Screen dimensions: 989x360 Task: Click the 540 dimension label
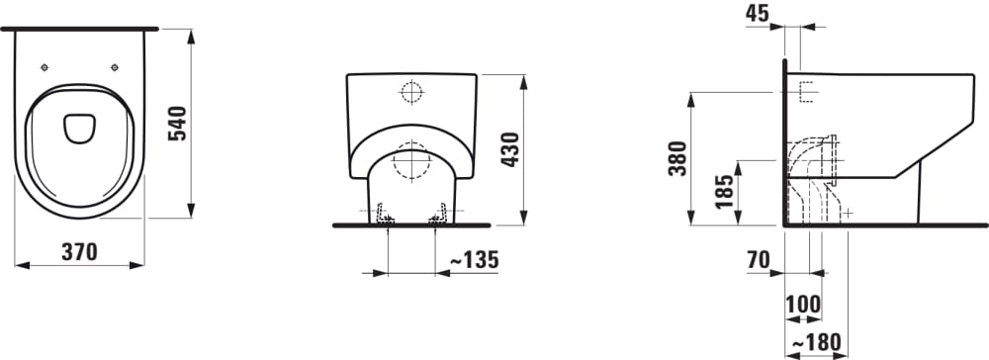click(x=177, y=124)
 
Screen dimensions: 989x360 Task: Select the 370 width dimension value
click(x=79, y=252)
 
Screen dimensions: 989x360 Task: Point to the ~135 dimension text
click(x=474, y=259)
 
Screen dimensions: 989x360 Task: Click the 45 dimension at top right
click(x=758, y=13)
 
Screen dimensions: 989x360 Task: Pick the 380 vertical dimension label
click(x=678, y=158)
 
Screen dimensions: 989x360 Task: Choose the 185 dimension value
click(x=725, y=192)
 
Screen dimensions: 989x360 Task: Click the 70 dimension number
click(x=759, y=259)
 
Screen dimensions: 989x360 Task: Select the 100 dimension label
click(x=803, y=305)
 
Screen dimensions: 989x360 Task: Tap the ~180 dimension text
click(x=816, y=342)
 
